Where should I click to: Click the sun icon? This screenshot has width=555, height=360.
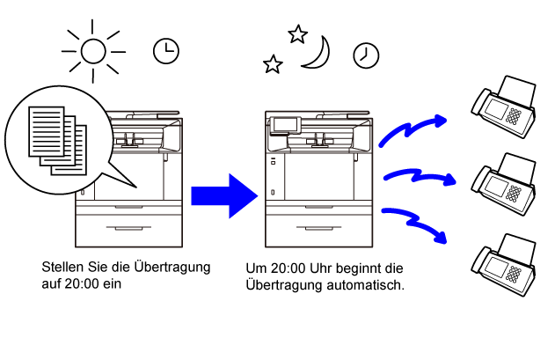pos(93,51)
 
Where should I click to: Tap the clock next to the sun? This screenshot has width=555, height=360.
pos(166,51)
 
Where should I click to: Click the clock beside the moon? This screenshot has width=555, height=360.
pos(366,55)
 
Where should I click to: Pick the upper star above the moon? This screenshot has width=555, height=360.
pos(297,34)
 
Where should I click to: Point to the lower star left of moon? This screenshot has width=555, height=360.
pos(273,64)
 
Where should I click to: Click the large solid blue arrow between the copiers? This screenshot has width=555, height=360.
pos(224,196)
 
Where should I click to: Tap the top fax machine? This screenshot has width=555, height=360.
pos(504,107)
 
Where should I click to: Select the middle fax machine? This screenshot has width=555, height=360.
pos(504,184)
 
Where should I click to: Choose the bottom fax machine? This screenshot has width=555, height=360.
pos(504,265)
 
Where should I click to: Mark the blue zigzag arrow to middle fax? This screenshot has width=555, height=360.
pos(420,174)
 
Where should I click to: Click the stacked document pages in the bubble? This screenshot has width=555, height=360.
pos(58,141)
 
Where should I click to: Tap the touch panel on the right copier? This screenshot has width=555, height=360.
pos(285,125)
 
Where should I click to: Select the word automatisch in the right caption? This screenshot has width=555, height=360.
pos(365,285)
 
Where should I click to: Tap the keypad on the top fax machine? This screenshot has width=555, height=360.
pos(514,116)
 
